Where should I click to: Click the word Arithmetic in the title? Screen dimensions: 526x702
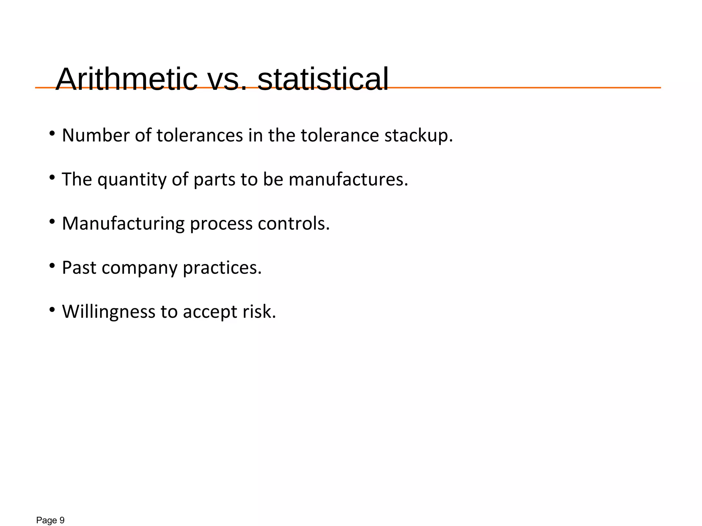tap(126, 79)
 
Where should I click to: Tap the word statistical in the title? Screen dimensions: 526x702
tap(323, 79)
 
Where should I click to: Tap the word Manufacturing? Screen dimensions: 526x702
tap(123, 224)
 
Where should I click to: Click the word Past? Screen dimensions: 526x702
tap(79, 268)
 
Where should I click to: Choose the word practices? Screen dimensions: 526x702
tap(222, 268)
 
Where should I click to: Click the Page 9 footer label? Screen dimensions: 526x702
tap(50, 521)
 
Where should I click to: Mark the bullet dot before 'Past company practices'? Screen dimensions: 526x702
tap(52, 265)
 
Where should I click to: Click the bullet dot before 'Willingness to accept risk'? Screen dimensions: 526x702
tap(52, 310)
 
